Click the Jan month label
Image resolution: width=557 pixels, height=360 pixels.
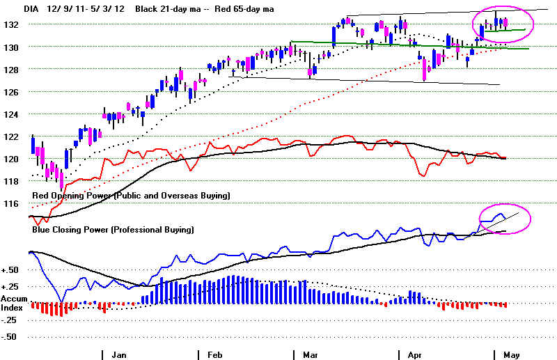[119, 354]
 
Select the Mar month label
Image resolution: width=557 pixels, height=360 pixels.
[309, 354]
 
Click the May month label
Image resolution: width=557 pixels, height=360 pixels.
[511, 354]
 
